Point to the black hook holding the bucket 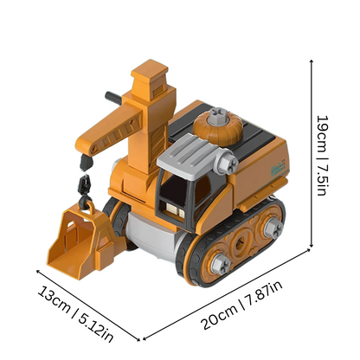(84, 186)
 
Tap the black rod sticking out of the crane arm (112, 97)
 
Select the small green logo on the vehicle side (274, 164)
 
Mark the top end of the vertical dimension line (312, 60)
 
